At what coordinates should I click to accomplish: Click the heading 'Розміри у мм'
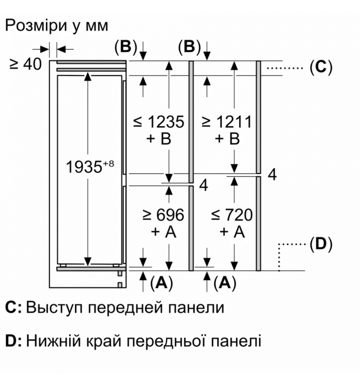tap(56, 26)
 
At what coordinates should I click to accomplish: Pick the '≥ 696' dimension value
tap(163, 215)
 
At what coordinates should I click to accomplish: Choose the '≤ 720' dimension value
tap(231, 215)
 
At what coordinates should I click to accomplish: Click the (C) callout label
tap(321, 67)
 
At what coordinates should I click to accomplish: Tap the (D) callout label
tap(321, 244)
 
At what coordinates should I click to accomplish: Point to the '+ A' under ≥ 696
tap(163, 232)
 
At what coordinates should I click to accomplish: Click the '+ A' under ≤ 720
tap(230, 232)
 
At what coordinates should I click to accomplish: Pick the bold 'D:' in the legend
tap(13, 342)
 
